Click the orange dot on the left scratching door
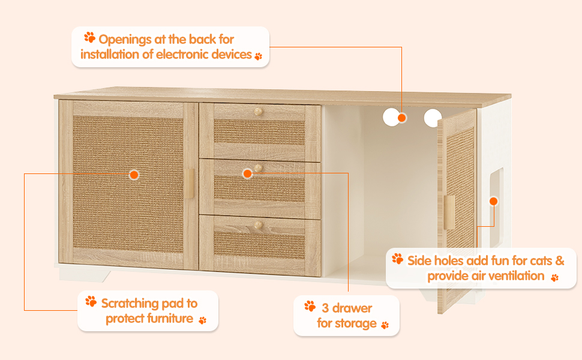134,175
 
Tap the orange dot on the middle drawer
247,173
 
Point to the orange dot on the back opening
402,118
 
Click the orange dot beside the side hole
494,201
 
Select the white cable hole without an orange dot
433,118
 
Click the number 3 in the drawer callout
325,308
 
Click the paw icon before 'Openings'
90,38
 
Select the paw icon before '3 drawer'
310,306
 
